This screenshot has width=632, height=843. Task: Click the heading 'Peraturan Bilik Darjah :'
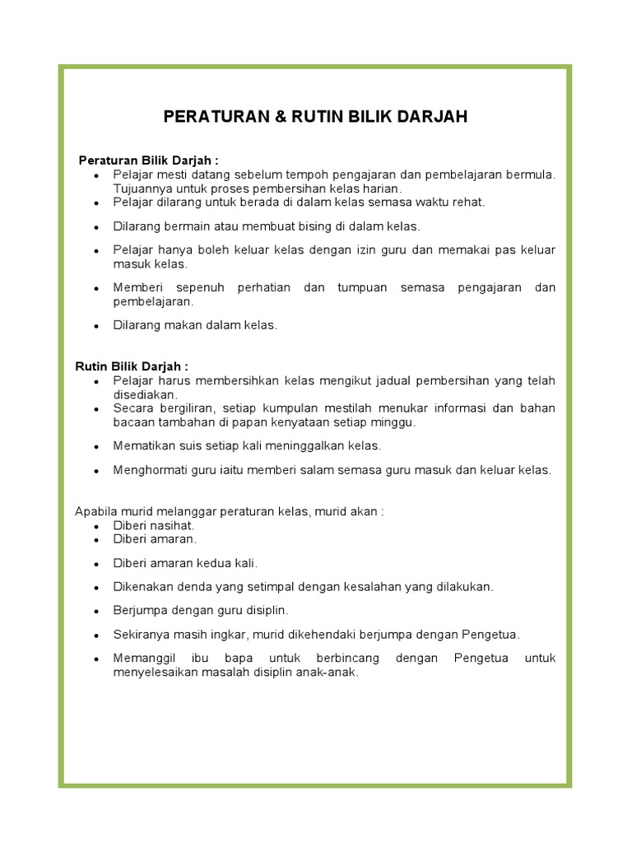click(148, 160)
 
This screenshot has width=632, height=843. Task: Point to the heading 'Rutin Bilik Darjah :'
click(132, 366)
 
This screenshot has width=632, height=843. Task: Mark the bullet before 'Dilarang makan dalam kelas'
click(96, 326)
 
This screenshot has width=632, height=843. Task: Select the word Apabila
click(95, 511)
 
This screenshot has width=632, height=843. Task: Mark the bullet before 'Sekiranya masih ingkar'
click(96, 636)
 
